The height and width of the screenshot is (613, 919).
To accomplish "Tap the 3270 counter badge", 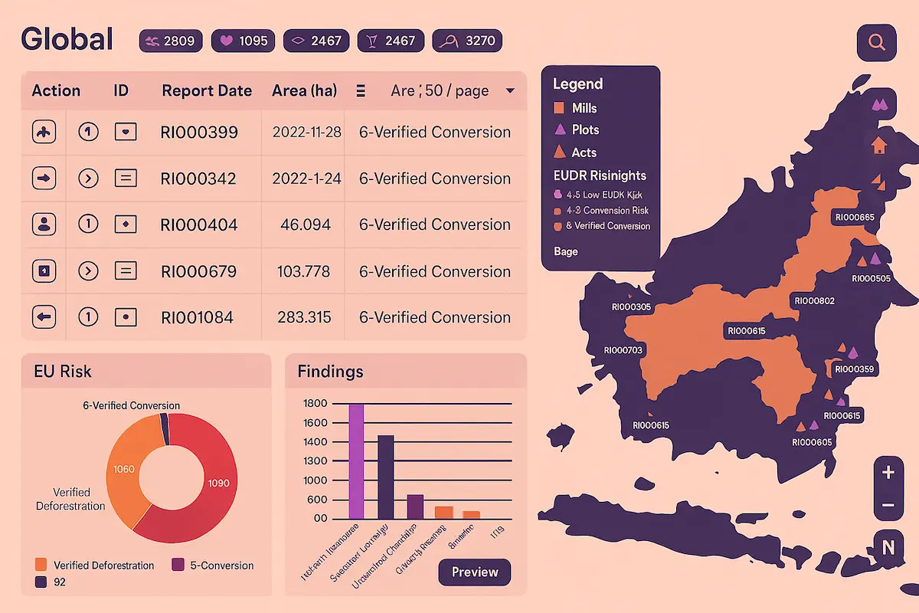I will pos(467,41).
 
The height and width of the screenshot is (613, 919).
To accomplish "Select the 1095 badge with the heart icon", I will pos(243,41).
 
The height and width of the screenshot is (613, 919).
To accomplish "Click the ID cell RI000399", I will pos(199,133).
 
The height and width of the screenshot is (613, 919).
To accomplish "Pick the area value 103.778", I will pos(306,271).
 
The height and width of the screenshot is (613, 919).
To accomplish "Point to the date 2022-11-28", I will pos(306,133).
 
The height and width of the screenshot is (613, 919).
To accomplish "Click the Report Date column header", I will pos(207,90).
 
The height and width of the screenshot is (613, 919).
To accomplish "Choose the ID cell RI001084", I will pos(197,317).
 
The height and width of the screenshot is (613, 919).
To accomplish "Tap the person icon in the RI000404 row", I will pos(44,225).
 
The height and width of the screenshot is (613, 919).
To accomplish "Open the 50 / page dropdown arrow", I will pos(510,91).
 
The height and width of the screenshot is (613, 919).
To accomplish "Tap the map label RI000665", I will pos(855,218).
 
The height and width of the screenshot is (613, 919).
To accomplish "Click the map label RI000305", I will pos(631,306).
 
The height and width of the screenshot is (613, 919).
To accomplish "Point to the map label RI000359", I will pos(854,369).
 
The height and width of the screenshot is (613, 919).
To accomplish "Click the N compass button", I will pos(888,547).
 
